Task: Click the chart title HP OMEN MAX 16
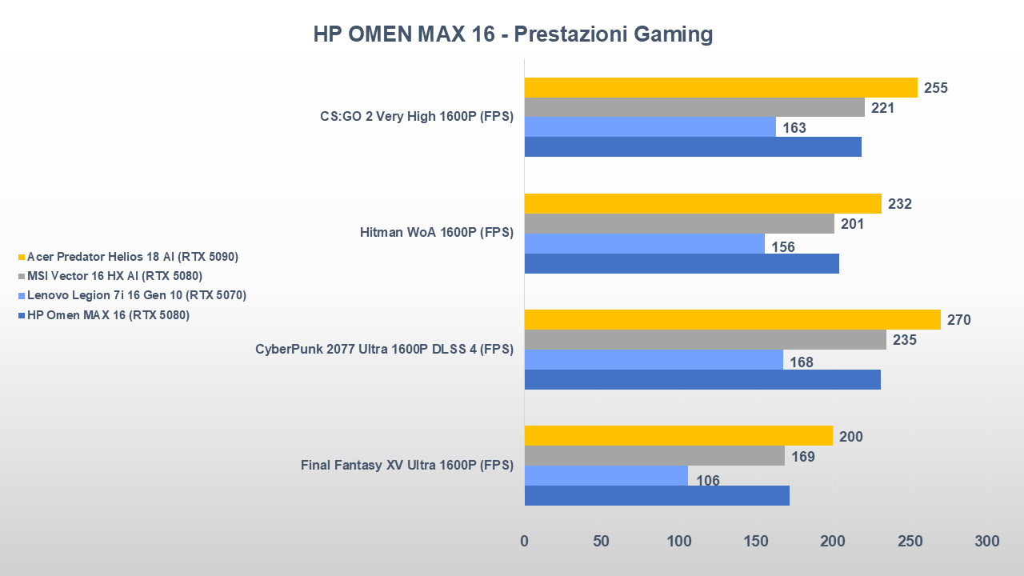tap(512, 34)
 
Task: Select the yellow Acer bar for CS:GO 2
tap(720, 87)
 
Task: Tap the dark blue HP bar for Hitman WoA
tap(681, 263)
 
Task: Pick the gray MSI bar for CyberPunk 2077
tap(705, 340)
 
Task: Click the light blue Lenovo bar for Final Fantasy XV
tap(606, 476)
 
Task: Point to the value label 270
tap(958, 320)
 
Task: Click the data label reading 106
tap(707, 481)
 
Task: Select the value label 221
tap(882, 107)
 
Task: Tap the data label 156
tap(782, 247)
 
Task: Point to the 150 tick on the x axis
tap(756, 542)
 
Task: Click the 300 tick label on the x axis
tap(987, 542)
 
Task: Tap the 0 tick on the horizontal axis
tap(525, 542)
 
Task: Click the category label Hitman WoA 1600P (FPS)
tap(437, 233)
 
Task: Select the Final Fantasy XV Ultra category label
tap(406, 465)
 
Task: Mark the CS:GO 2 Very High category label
tap(416, 117)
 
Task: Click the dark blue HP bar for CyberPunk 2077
tap(702, 379)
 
